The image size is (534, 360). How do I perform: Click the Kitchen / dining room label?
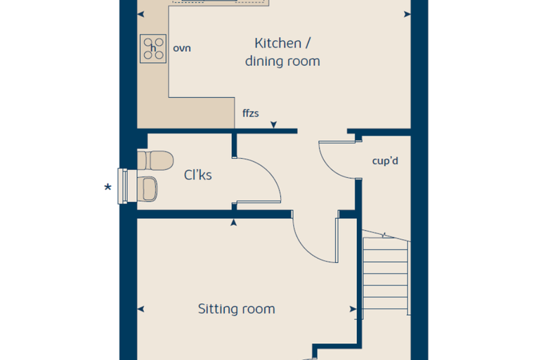click(x=282, y=52)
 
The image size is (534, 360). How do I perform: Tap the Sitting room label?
click(x=236, y=309)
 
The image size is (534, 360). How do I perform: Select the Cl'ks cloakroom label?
click(x=198, y=175)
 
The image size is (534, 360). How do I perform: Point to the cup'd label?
click(x=385, y=160)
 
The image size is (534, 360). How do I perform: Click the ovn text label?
click(x=182, y=49)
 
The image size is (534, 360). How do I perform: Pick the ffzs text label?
click(x=251, y=113)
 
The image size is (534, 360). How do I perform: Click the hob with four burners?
click(x=153, y=49)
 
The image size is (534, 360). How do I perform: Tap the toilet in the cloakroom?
click(x=155, y=160)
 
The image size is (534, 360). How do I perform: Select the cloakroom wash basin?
click(x=147, y=189)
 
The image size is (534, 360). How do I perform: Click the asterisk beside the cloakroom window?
click(x=108, y=187)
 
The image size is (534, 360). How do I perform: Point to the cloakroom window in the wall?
click(x=122, y=186)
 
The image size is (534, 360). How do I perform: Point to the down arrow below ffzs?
click(x=274, y=124)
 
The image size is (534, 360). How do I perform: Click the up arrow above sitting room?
click(x=233, y=223)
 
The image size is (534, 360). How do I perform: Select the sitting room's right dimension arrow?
click(x=353, y=309)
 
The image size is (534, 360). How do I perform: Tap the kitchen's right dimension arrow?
click(x=408, y=14)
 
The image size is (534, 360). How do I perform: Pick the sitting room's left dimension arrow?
click(x=141, y=309)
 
